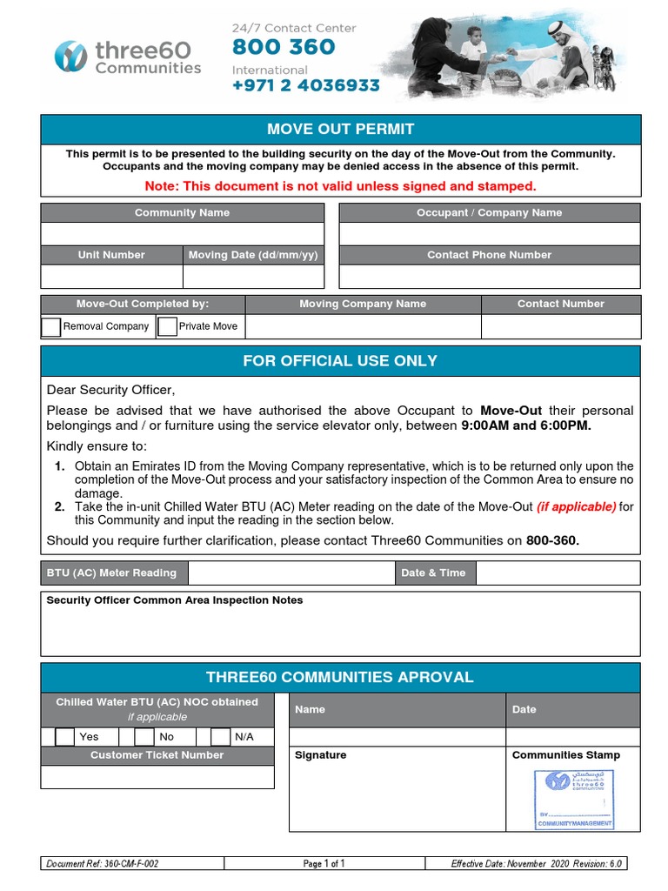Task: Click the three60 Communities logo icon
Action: pyautogui.click(x=70, y=57)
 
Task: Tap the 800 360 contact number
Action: pyautogui.click(x=284, y=47)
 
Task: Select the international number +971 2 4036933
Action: pyautogui.click(x=305, y=86)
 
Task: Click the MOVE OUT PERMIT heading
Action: pyautogui.click(x=340, y=129)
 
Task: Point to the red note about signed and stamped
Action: pyautogui.click(x=340, y=186)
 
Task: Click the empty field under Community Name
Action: pyautogui.click(x=182, y=234)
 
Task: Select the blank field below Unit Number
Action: pyautogui.click(x=111, y=276)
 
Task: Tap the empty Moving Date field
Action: pyautogui.click(x=253, y=276)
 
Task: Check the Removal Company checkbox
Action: pyautogui.click(x=51, y=326)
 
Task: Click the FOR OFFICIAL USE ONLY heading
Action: pyautogui.click(x=340, y=360)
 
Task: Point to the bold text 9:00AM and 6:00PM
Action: pyautogui.click(x=525, y=426)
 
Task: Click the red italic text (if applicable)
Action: pyautogui.click(x=576, y=507)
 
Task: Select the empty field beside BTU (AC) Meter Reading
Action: pyautogui.click(x=291, y=573)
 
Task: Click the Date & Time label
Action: pyautogui.click(x=433, y=573)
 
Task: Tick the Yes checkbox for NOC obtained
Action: pyautogui.click(x=65, y=737)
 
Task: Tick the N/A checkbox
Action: pyautogui.click(x=221, y=737)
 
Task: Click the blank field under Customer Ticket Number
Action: pyautogui.click(x=157, y=776)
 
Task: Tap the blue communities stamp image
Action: pyautogui.click(x=573, y=799)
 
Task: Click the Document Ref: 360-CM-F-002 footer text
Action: pyautogui.click(x=103, y=864)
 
